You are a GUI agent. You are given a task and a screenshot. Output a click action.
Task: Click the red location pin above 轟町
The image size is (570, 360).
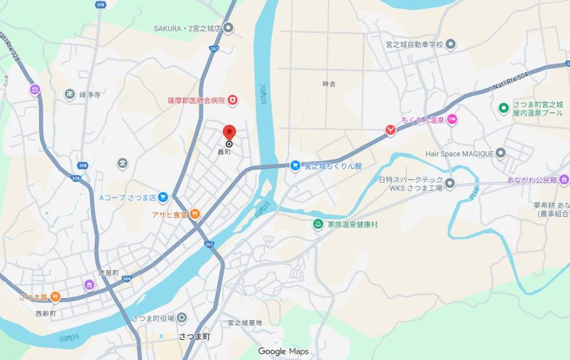[229, 133]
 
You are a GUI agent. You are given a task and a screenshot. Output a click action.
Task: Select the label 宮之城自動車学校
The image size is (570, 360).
[405, 44]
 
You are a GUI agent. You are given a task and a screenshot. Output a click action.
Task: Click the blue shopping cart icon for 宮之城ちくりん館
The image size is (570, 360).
[294, 165]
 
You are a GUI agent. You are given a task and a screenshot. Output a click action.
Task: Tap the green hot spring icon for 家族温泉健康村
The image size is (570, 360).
[318, 225]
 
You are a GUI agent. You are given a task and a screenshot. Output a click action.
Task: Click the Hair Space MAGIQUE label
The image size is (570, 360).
[460, 152]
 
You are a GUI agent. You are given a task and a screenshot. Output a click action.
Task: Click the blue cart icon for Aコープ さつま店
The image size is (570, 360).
[163, 197]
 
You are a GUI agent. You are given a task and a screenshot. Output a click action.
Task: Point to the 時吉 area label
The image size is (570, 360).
[329, 83]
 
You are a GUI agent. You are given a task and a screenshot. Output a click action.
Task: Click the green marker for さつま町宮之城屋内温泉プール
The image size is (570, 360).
[504, 108]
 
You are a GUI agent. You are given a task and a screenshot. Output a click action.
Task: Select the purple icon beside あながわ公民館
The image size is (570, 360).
[564, 179]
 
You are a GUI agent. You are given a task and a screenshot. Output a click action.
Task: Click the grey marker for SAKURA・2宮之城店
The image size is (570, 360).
[229, 28]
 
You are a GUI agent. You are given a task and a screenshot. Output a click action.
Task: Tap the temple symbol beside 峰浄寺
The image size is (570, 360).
[70, 93]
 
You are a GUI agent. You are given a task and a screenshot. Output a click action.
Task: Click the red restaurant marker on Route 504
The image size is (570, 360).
[390, 130]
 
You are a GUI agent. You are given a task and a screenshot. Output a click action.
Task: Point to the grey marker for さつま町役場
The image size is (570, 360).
[182, 318]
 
